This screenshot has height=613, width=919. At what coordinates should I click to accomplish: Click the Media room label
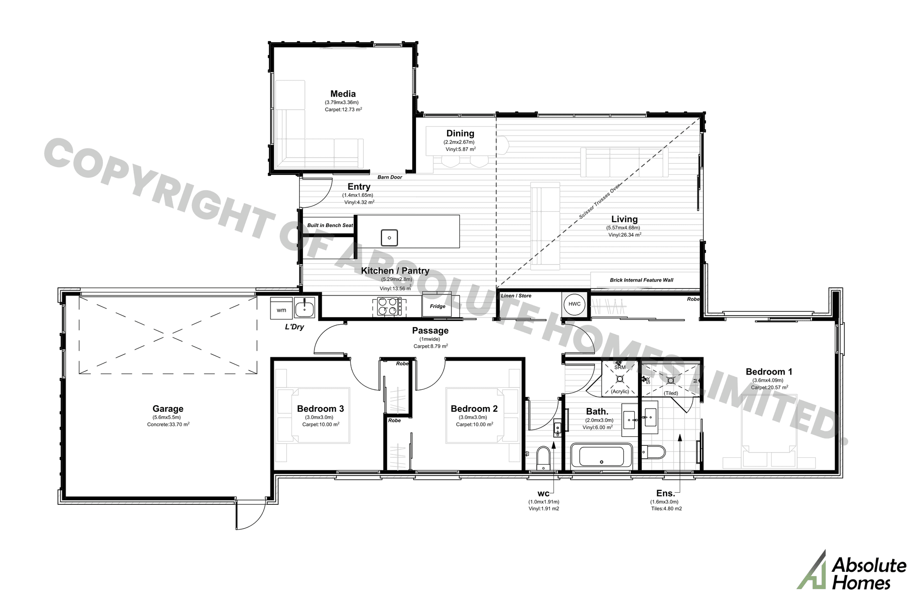tap(343, 94)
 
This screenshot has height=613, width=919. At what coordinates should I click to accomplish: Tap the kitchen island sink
tap(390, 237)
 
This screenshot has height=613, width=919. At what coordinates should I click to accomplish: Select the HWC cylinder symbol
tap(574, 304)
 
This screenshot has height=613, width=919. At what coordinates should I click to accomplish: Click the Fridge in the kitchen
tap(437, 305)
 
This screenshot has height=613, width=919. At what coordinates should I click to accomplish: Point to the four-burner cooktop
tap(389, 306)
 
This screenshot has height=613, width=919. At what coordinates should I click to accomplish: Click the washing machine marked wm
tap(281, 309)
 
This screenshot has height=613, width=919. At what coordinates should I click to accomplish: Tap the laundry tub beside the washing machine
tap(304, 309)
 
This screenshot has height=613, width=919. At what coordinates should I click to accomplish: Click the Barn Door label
tap(390, 177)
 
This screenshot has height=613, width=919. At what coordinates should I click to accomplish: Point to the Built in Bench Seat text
tap(330, 225)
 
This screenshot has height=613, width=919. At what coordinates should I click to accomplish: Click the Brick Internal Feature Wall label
tap(641, 280)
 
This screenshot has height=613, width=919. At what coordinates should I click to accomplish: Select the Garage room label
tap(168, 409)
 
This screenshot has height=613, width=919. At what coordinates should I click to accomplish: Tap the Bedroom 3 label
tap(320, 409)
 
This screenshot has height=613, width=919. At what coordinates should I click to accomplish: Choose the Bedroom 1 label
tap(769, 372)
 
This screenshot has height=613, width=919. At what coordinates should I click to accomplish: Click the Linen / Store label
tap(516, 295)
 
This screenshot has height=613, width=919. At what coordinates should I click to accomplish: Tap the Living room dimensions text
tap(623, 227)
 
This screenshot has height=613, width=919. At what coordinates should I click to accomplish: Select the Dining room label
tap(460, 134)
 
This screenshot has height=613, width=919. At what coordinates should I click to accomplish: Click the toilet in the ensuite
tap(653, 452)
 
